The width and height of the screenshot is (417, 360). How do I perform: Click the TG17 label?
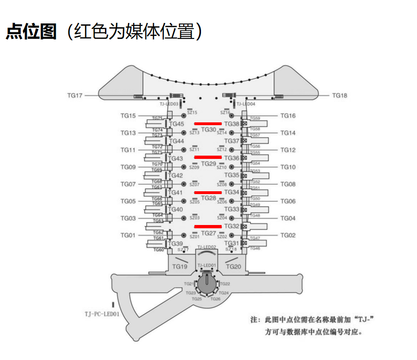click(74, 96)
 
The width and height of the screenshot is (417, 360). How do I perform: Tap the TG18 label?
click(340, 96)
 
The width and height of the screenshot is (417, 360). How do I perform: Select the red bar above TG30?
click(208, 123)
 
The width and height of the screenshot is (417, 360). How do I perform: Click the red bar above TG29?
click(208, 157)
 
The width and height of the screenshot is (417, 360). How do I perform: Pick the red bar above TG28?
click(208, 192)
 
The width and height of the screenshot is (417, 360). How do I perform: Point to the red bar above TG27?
click(208, 226)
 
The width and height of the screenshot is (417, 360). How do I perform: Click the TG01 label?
click(128, 235)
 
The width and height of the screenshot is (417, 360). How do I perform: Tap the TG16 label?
click(288, 116)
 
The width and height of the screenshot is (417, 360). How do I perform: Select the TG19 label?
click(180, 267)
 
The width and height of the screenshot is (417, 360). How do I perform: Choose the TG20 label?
click(233, 267)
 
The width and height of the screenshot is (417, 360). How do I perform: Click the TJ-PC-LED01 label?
click(102, 314)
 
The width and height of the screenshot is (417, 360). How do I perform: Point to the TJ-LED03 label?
click(169, 104)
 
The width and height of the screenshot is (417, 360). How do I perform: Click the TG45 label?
click(177, 124)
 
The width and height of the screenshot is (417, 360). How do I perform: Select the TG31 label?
click(231, 243)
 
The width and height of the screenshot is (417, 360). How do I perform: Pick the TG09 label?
click(128, 167)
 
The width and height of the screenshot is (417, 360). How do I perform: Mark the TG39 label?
click(176, 244)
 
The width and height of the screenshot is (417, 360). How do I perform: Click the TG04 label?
click(288, 218)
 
